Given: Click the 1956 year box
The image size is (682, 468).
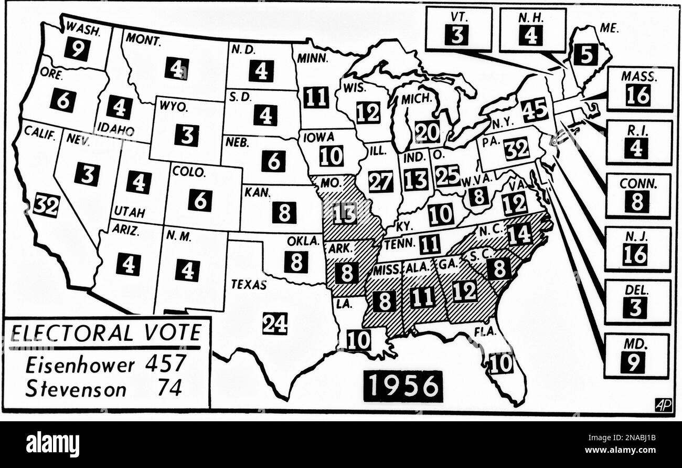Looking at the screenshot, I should coord(403,387).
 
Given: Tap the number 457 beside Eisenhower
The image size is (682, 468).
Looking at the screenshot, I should coord(165,363).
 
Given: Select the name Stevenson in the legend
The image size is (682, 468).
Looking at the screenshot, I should coord(76,389).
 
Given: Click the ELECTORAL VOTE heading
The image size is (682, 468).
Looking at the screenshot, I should coord(106,333).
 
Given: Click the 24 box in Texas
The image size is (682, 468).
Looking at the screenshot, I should coord(275,323).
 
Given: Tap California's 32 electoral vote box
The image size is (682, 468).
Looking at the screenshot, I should coord(46,205).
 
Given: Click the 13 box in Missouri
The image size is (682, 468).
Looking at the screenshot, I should coord(345,213).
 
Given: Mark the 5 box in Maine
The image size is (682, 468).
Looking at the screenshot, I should coord(585,54).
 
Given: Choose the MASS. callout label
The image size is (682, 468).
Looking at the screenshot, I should coord(640,77).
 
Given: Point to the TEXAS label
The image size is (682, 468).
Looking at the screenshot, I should coord(249,285).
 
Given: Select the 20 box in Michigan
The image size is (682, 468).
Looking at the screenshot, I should coord(427,132).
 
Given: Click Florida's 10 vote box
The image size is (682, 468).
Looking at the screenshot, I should coord(501,363).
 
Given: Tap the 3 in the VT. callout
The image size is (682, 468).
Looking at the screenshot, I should coord(456,35).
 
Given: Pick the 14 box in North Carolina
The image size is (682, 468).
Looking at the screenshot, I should coord(519,234).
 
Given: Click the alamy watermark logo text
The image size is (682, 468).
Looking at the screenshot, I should coord(52,444).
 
